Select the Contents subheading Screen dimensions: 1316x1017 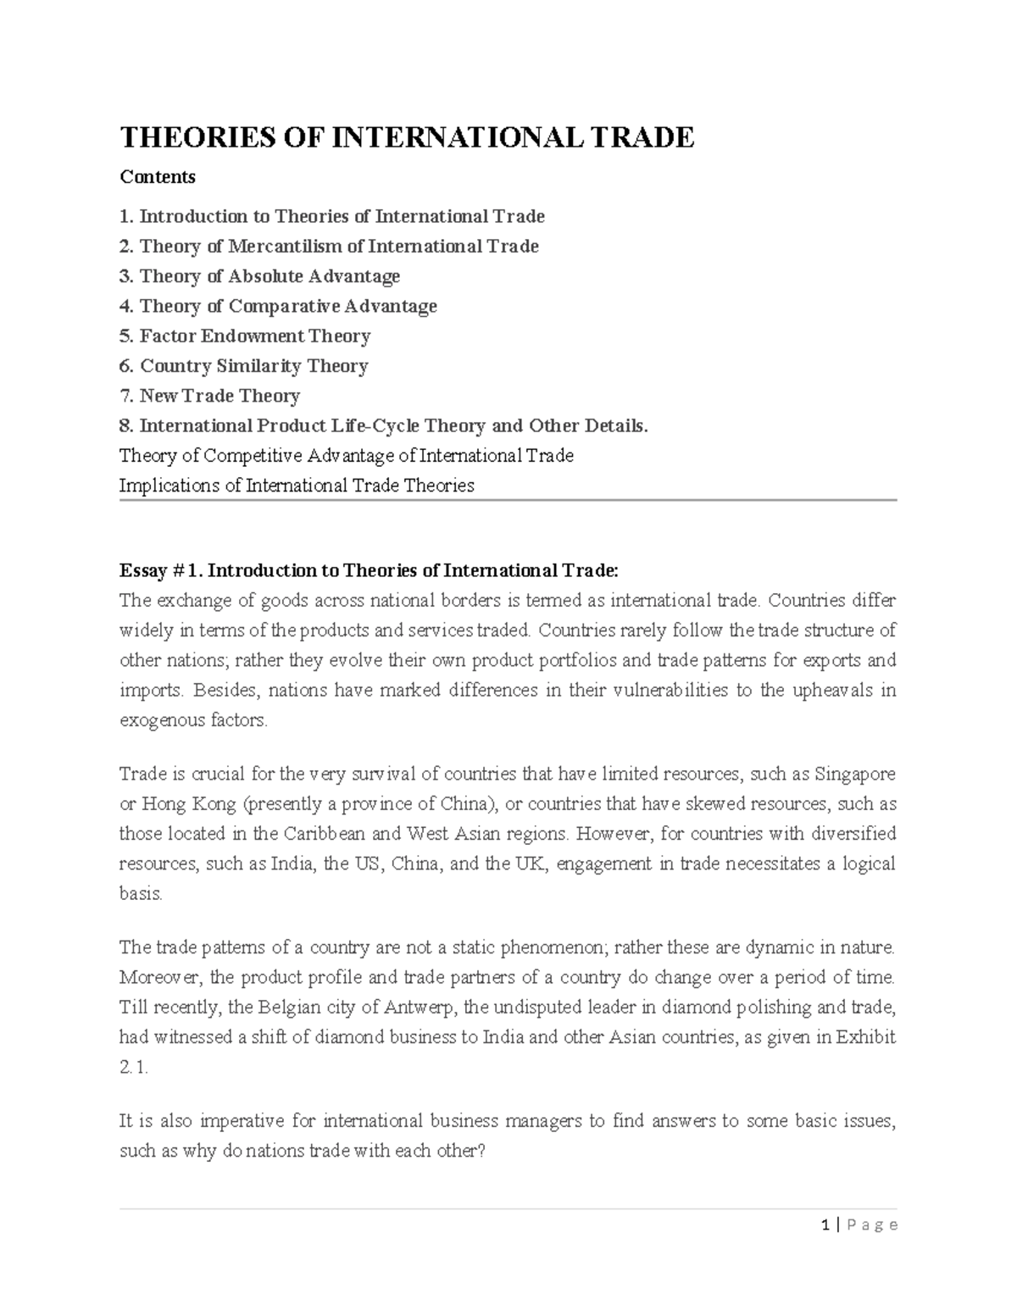pos(158,177)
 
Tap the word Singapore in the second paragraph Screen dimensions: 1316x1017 pos(854,774)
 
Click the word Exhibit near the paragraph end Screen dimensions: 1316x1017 pos(866,1037)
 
